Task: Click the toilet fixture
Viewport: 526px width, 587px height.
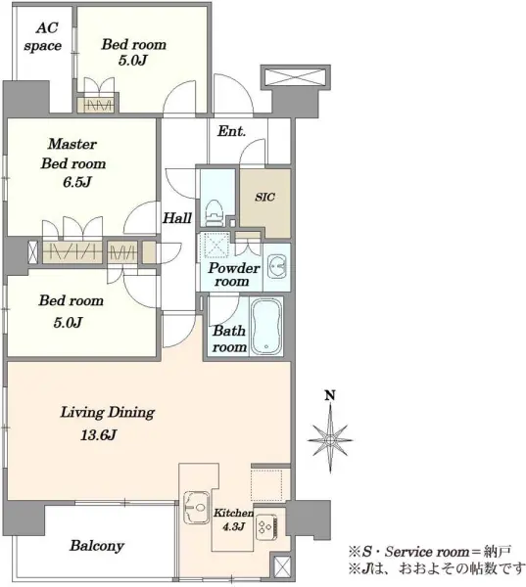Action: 215,213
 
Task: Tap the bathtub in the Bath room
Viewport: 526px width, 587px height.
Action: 266,327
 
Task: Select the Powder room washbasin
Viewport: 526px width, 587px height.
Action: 276,266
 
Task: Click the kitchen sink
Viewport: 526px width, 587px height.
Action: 197,507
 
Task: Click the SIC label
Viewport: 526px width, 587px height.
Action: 265,197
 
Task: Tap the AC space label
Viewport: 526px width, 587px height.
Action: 42,37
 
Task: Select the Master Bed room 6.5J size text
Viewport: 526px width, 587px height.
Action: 77,182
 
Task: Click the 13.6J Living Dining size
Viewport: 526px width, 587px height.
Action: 99,434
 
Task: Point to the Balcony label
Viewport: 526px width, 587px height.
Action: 97,546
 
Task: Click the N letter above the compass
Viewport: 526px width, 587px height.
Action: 329,395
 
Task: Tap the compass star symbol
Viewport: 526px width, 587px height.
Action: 329,440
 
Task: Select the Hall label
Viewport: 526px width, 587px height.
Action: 177,218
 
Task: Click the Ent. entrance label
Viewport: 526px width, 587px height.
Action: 232,131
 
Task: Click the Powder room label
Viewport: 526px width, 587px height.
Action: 233,274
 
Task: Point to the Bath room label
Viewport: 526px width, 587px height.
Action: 229,339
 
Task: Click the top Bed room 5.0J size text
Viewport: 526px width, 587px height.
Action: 132,61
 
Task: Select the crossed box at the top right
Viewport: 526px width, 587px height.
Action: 296,77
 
